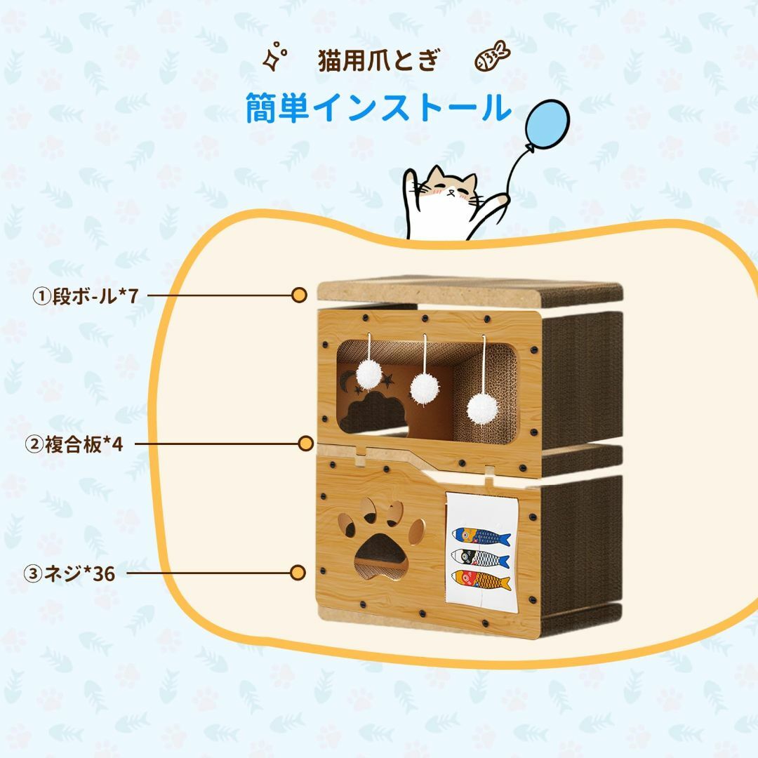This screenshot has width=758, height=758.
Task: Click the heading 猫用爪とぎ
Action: pos(379,60)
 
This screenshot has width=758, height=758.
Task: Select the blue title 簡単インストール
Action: pos(378,107)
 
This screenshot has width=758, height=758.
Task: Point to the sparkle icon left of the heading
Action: pos(274,56)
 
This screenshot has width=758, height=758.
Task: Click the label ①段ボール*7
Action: pos(86,296)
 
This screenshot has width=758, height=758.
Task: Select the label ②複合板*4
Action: pos(74,444)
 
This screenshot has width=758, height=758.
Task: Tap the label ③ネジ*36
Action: pos(69,574)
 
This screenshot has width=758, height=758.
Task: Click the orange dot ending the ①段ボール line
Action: pos(299,295)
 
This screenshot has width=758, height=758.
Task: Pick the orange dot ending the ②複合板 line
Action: pos(305,444)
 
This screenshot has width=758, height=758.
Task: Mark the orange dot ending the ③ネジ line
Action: pos(298,573)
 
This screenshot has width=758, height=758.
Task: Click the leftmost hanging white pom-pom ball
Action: pos(369,374)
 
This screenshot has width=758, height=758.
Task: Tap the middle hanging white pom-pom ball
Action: pos(425,387)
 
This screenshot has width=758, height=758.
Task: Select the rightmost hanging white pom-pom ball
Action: pos(482,409)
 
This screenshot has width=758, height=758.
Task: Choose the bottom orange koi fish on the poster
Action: pos(481,580)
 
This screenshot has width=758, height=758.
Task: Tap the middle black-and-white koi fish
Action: pos(480,558)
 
